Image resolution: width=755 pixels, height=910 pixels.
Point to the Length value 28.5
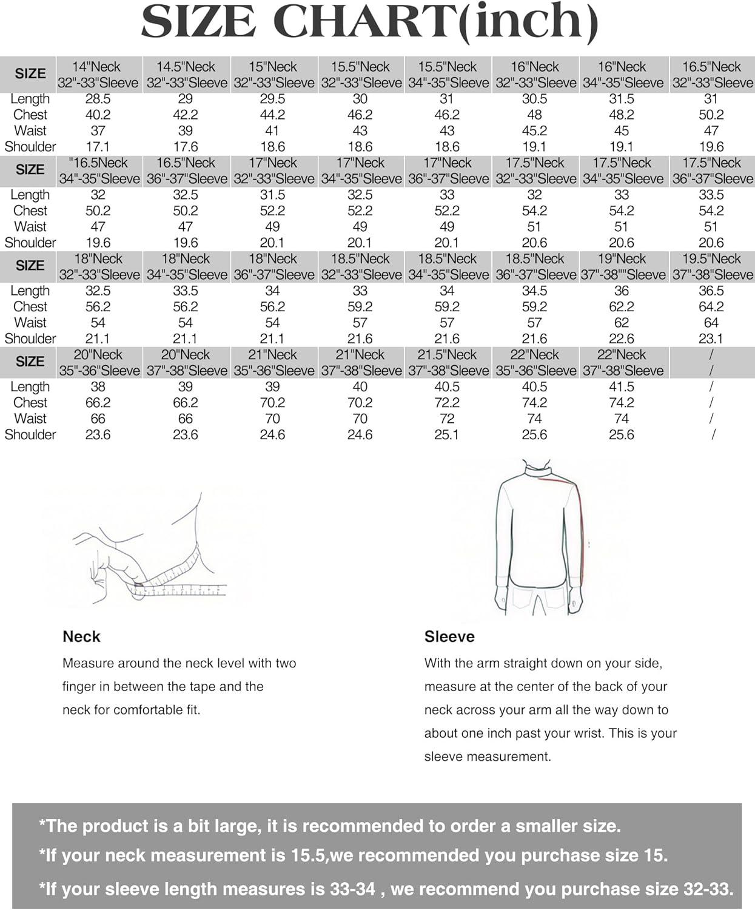pyautogui.click(x=98, y=99)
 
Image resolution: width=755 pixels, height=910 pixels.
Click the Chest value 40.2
pyautogui.click(x=98, y=115)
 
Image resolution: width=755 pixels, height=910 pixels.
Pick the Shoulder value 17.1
pyautogui.click(x=98, y=147)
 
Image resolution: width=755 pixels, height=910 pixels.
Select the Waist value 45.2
pyautogui.click(x=534, y=131)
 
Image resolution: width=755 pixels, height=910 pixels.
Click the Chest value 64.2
pyautogui.click(x=711, y=307)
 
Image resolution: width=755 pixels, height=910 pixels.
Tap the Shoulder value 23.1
pyautogui.click(x=711, y=339)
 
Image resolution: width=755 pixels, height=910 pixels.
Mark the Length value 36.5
pyautogui.click(x=711, y=291)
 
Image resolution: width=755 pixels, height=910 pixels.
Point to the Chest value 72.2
pyautogui.click(x=447, y=403)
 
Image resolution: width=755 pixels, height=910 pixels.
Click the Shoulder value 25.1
pyautogui.click(x=447, y=435)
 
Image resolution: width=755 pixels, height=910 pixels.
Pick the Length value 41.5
pyautogui.click(x=622, y=387)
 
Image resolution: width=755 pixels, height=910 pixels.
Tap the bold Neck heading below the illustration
pyautogui.click(x=81, y=636)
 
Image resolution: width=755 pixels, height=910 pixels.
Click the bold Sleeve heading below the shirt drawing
pyautogui.click(x=449, y=636)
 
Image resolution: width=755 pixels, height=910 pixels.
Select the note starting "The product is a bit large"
pyautogui.click(x=330, y=826)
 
